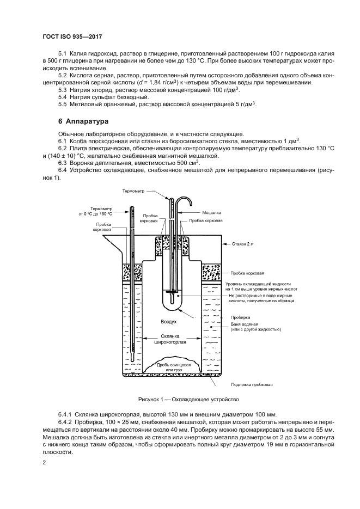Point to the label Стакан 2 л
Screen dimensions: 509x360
click(242, 244)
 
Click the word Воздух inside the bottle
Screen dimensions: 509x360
click(169, 322)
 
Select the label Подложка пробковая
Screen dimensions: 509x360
click(251, 384)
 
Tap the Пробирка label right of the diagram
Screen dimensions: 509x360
click(240, 317)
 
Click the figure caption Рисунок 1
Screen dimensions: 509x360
click(180, 399)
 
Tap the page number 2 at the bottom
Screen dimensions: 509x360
click(44, 462)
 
